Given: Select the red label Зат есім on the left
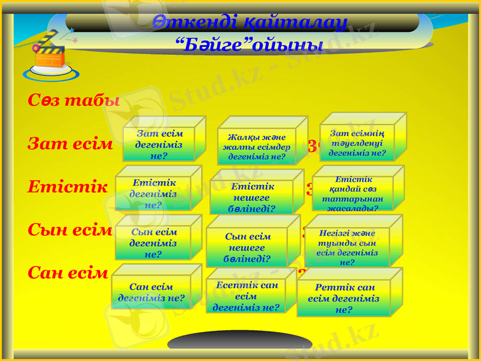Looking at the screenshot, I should coord(70,144).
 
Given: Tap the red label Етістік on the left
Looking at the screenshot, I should coord(67,187).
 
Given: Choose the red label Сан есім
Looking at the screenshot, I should coord(68,273).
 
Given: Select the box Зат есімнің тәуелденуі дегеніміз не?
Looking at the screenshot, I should coord(358,143).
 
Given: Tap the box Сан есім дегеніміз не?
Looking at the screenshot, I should coord(152,292).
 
